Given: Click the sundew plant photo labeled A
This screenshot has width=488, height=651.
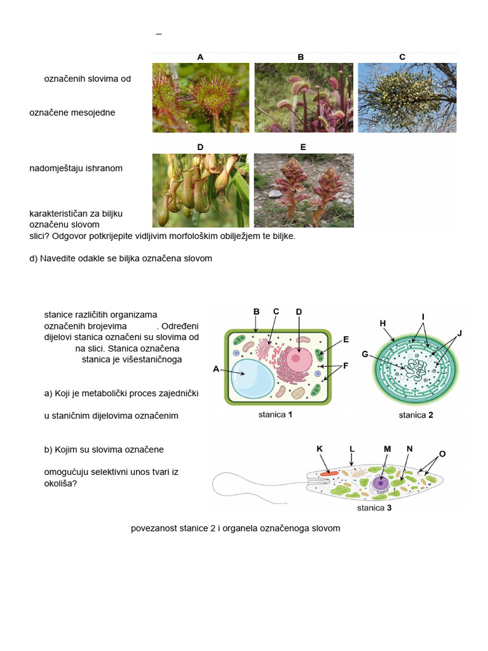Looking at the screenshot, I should (201, 97).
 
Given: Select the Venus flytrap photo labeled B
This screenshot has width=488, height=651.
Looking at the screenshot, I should (304, 97).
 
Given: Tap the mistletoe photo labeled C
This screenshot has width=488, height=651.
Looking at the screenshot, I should (407, 97).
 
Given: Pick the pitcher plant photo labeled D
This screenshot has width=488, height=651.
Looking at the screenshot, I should (201, 190).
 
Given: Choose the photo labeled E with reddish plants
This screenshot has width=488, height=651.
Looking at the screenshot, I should (304, 190).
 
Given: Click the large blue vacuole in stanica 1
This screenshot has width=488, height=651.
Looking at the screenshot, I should (252, 380).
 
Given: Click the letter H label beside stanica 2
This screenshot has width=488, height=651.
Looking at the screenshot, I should (383, 324).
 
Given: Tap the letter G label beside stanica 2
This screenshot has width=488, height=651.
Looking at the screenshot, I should (365, 354).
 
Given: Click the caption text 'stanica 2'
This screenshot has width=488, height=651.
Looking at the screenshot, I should (416, 416).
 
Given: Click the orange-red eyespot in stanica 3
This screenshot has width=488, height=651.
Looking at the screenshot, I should (329, 474).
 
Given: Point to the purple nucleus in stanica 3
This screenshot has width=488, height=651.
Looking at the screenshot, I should (381, 483).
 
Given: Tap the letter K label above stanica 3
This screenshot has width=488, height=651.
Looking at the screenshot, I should (320, 449).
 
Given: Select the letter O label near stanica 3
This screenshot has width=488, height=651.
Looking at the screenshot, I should (442, 453).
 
